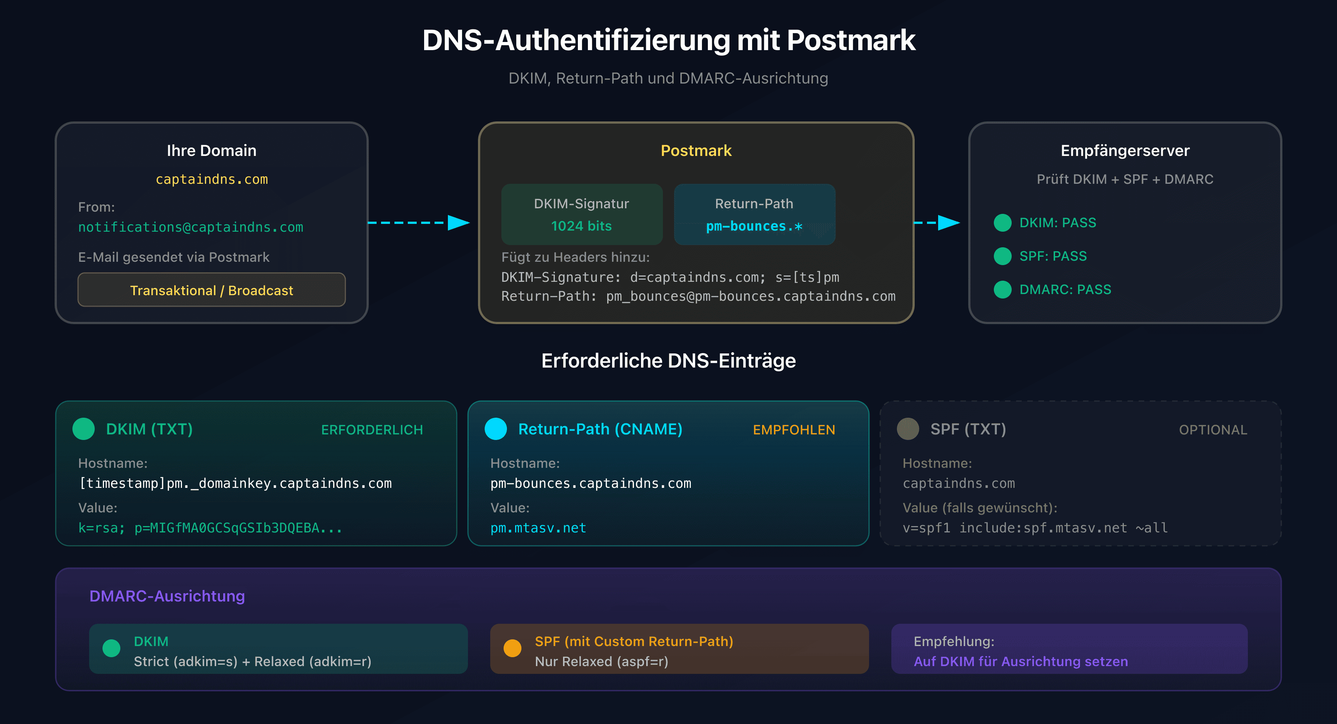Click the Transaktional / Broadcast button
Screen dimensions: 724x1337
(x=211, y=290)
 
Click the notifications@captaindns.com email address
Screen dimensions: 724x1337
(x=191, y=227)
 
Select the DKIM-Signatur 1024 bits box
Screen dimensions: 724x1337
(x=581, y=214)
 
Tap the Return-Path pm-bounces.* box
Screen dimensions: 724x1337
(x=754, y=214)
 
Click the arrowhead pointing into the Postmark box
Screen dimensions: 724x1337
(x=458, y=223)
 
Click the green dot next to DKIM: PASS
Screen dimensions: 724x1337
(x=1002, y=223)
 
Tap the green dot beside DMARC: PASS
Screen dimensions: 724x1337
(x=1002, y=290)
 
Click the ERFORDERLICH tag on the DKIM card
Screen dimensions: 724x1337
(x=372, y=430)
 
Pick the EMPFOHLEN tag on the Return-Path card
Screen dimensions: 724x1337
(x=794, y=430)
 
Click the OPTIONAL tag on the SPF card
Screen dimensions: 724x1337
(x=1213, y=430)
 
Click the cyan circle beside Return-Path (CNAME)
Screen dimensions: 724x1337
(x=496, y=429)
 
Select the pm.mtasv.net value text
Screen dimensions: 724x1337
(x=538, y=528)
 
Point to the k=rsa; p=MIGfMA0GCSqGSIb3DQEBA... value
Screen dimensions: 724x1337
(x=210, y=528)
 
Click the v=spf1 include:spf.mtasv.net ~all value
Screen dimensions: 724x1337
(x=1035, y=528)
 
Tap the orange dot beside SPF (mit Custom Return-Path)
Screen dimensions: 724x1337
(x=512, y=648)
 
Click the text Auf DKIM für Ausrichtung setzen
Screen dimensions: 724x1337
(x=1021, y=661)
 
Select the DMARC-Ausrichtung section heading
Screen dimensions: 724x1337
(x=167, y=596)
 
